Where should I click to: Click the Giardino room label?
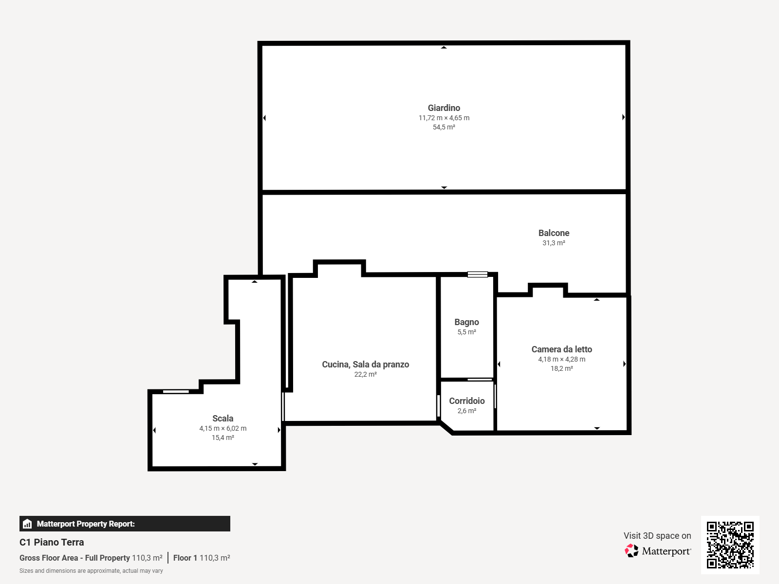pyautogui.click(x=444, y=108)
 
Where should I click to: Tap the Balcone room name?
pyautogui.click(x=554, y=233)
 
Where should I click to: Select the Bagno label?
pyautogui.click(x=467, y=322)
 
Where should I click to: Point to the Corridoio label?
pyautogui.click(x=467, y=401)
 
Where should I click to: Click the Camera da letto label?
pyautogui.click(x=561, y=349)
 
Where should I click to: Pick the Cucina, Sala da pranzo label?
pyautogui.click(x=365, y=365)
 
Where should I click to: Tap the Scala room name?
pyautogui.click(x=223, y=419)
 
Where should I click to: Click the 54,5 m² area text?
pyautogui.click(x=444, y=127)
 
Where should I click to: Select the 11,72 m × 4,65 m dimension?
pyautogui.click(x=444, y=118)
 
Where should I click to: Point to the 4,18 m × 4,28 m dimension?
pyautogui.click(x=561, y=359)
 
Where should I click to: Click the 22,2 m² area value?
pyautogui.click(x=365, y=374)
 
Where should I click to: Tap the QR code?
pyautogui.click(x=730, y=545)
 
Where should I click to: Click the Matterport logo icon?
pyautogui.click(x=631, y=551)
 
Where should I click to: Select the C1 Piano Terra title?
pyautogui.click(x=52, y=542)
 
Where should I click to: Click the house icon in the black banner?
pyautogui.click(x=27, y=524)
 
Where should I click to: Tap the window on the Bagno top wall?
pyautogui.click(x=477, y=274)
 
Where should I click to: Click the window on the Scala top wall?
pyautogui.click(x=176, y=391)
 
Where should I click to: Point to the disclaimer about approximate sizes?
pyautogui.click(x=91, y=571)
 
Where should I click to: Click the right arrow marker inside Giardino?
pyautogui.click(x=624, y=117)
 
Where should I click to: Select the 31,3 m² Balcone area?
pyautogui.click(x=554, y=243)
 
